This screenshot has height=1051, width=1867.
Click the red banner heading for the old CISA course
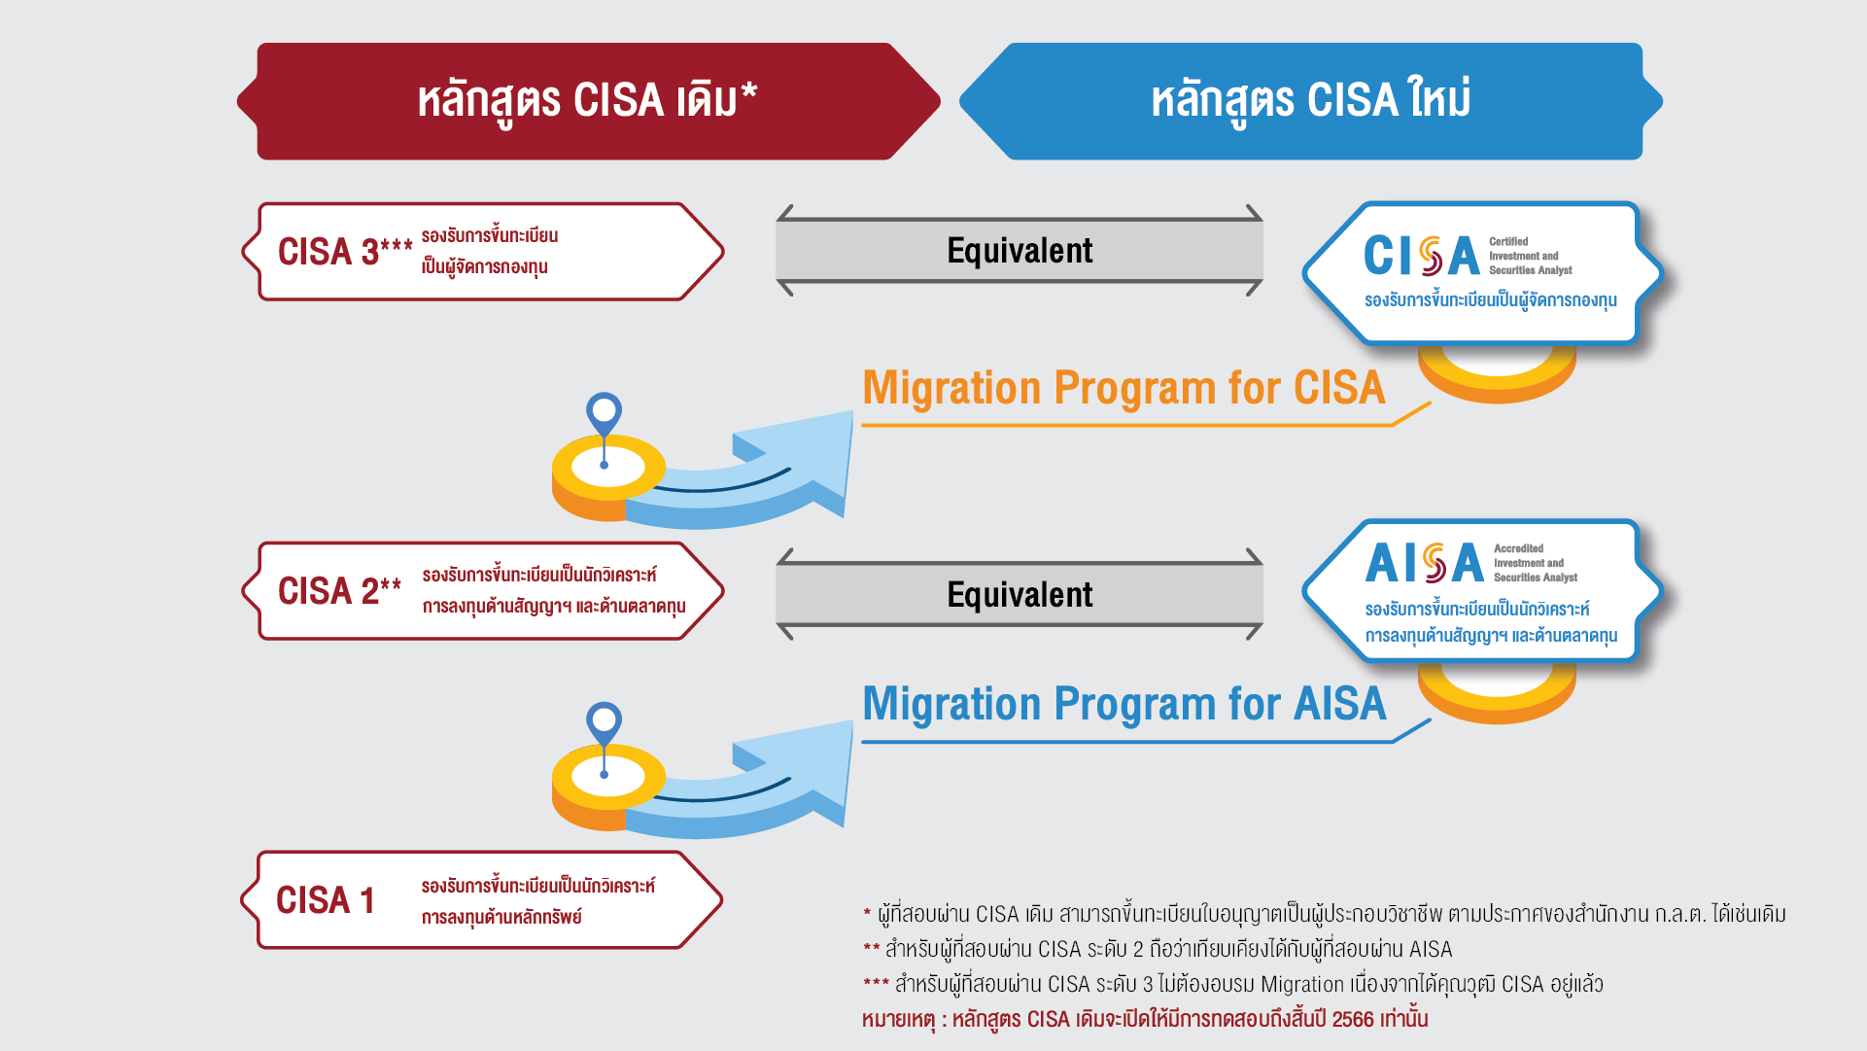point(587,100)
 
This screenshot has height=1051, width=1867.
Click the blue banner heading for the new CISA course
point(1310,100)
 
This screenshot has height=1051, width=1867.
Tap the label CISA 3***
point(345,252)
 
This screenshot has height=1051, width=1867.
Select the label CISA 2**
point(339,591)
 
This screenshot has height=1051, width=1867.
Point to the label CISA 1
point(326,900)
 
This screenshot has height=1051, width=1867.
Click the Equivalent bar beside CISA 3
point(1020,251)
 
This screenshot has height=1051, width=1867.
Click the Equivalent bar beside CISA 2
point(1020,594)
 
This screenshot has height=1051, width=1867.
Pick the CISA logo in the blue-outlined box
point(1421,257)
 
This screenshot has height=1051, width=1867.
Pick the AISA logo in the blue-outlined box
point(1424,563)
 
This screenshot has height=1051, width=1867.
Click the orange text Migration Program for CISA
point(1124,388)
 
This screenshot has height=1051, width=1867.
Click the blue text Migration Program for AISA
point(1124,704)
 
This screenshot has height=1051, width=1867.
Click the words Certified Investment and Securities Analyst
point(1530,256)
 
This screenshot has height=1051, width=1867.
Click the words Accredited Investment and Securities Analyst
point(1535,563)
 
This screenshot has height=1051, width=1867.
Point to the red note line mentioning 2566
point(1144,1019)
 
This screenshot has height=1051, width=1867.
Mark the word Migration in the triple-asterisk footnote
point(1301,984)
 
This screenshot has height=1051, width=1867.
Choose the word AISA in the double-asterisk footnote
point(1431,949)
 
